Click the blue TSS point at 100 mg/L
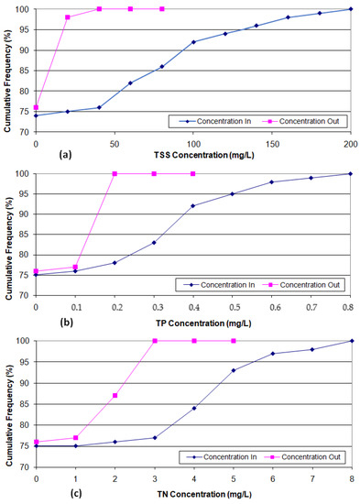pos(193,42)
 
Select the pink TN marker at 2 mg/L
pos(115,395)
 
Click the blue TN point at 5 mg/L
pos(233,370)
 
